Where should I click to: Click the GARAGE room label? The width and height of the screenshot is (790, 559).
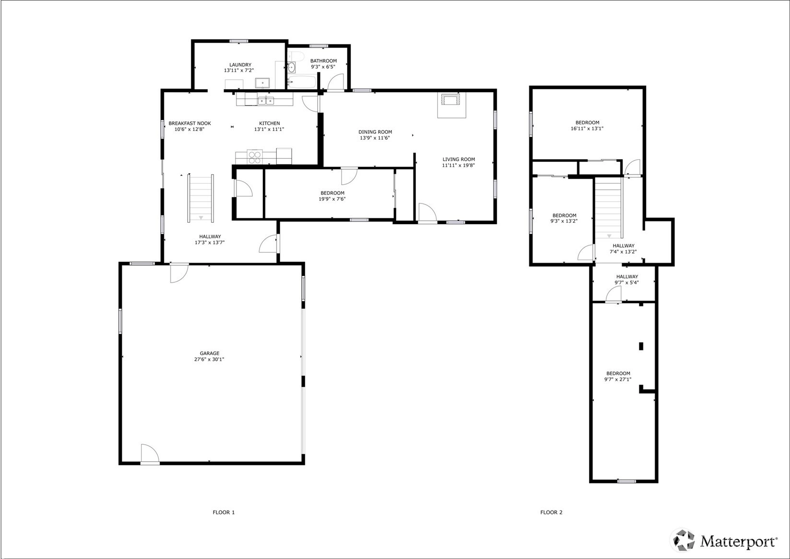click(210, 353)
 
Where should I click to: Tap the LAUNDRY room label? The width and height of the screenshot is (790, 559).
click(240, 65)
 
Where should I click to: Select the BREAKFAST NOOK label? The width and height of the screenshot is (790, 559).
click(190, 123)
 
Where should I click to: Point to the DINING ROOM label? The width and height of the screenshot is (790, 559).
click(375, 132)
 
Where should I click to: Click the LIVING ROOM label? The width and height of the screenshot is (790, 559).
click(459, 159)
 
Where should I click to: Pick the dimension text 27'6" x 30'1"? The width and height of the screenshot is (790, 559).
click(210, 359)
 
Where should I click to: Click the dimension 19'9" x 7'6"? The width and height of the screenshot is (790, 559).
click(332, 199)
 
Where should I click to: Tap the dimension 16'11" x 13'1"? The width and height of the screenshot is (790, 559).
click(587, 129)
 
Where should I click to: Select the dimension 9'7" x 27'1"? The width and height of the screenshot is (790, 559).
click(618, 380)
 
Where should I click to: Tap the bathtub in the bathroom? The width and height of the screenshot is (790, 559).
click(302, 82)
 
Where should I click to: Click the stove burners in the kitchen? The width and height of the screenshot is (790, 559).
click(255, 157)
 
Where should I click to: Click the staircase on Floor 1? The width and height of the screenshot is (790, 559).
click(200, 198)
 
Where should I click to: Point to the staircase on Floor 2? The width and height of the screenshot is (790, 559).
click(608, 208)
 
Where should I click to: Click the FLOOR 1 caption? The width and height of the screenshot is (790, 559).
click(224, 512)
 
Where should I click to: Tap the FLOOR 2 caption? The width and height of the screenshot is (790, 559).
click(551, 512)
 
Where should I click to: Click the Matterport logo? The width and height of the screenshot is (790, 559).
click(725, 540)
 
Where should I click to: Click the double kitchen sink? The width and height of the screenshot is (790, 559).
click(266, 101)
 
